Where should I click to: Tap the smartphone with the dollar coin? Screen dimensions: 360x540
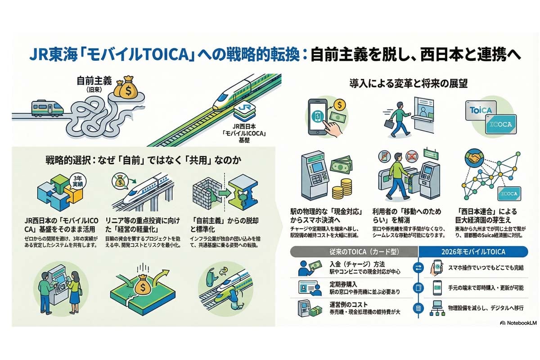click(321, 115)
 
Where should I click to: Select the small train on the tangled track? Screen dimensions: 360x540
click(47, 108)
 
